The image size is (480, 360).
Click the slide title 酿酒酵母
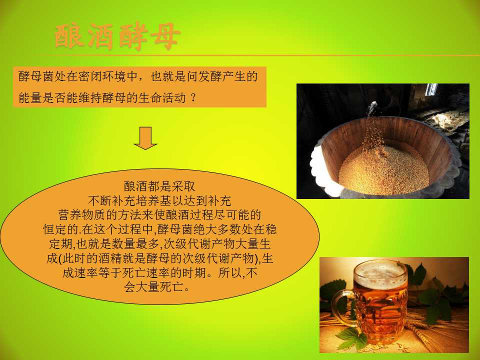click(117, 36)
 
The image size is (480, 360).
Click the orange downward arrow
click(145, 138)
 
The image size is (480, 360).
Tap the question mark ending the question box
click(193, 98)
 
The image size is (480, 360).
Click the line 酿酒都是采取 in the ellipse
click(159, 186)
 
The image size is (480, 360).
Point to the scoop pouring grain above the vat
click(371, 108)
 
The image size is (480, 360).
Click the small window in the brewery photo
click(431, 89)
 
